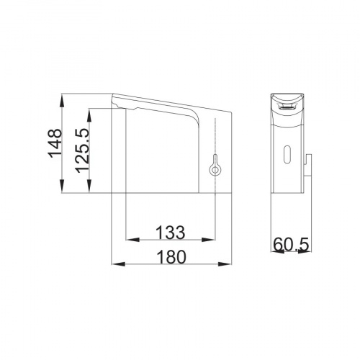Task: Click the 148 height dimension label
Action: (55, 143)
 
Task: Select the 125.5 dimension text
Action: (82, 150)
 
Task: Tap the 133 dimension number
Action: (171, 233)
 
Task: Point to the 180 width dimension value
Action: (171, 257)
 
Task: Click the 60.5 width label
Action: (291, 245)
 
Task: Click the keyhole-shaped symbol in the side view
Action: (215, 165)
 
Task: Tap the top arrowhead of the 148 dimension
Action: (62, 100)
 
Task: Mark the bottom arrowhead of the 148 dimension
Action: (62, 186)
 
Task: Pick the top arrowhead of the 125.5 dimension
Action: (89, 115)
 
